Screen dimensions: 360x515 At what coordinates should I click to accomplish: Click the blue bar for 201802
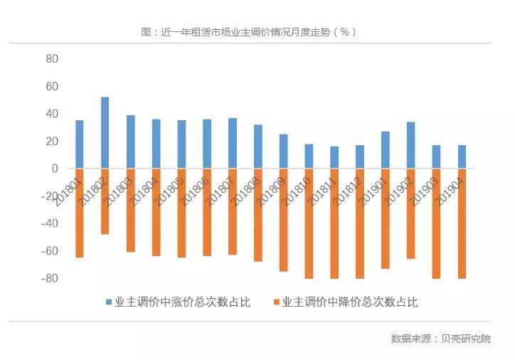pyautogui.click(x=105, y=133)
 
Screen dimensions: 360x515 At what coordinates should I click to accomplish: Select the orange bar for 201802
pyautogui.click(x=105, y=201)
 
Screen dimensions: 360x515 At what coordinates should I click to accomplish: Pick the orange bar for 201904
pyautogui.click(x=462, y=223)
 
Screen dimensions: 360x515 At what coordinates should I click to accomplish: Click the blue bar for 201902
pyautogui.click(x=410, y=146)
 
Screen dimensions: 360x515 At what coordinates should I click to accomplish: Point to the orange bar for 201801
pyautogui.click(x=80, y=213)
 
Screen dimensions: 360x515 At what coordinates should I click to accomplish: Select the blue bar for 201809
pyautogui.click(x=283, y=152)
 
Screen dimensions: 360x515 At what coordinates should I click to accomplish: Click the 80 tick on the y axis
pyautogui.click(x=51, y=58)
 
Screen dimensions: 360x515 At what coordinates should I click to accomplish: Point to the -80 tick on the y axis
pyautogui.click(x=48, y=278)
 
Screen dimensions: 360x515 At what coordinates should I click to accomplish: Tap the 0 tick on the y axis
pyautogui.click(x=54, y=169)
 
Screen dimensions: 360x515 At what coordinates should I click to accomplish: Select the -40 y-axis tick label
pyautogui.click(x=48, y=223)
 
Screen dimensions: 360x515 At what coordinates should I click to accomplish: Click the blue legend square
pyautogui.click(x=110, y=302)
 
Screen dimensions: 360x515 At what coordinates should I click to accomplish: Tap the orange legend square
pyautogui.click(x=276, y=302)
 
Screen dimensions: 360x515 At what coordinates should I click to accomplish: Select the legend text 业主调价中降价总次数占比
pyautogui.click(x=349, y=302)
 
